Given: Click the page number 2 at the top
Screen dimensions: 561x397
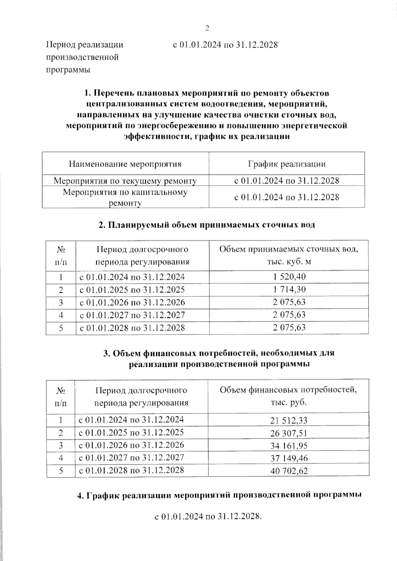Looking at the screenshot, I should click(x=207, y=28).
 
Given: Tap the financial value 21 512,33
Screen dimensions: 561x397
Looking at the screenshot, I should click(x=288, y=421).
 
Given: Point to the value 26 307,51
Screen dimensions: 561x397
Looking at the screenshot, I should click(x=288, y=433).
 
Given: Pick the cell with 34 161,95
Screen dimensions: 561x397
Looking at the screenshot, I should click(x=288, y=446).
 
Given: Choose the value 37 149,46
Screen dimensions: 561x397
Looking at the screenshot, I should click(x=288, y=458).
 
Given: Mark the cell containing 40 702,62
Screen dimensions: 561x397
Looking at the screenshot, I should click(x=288, y=471).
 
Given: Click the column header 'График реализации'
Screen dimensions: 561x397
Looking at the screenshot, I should click(x=287, y=164).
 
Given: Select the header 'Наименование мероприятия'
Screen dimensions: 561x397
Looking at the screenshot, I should click(x=125, y=164).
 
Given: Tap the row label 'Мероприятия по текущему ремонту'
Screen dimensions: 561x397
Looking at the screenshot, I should click(x=125, y=181).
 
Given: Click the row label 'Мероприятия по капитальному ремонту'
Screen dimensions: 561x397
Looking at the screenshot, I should click(x=125, y=197).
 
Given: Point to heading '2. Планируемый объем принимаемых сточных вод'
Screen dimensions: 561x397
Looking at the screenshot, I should click(x=207, y=225).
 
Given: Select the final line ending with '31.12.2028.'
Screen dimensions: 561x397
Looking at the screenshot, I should click(x=208, y=516).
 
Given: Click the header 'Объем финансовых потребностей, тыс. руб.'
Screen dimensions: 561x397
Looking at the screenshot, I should click(x=288, y=396).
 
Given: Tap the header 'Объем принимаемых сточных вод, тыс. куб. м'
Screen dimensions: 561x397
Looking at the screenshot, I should click(x=289, y=255).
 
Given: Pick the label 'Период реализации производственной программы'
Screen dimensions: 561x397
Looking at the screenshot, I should click(x=84, y=57).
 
